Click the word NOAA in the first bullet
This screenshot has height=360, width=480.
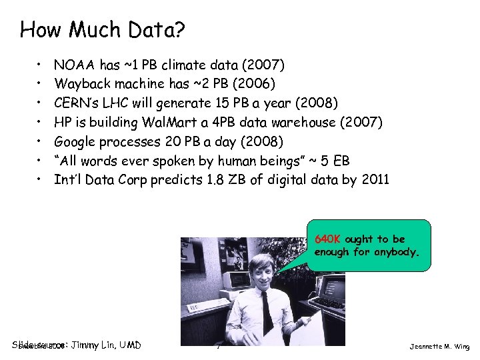pos(74,65)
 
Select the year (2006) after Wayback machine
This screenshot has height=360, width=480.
pos(250,84)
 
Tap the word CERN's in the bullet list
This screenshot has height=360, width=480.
pos(77,103)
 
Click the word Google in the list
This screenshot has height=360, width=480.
pos(77,142)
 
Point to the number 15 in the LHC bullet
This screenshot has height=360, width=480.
pos(223,103)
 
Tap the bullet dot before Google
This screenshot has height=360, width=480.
pos(39,142)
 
